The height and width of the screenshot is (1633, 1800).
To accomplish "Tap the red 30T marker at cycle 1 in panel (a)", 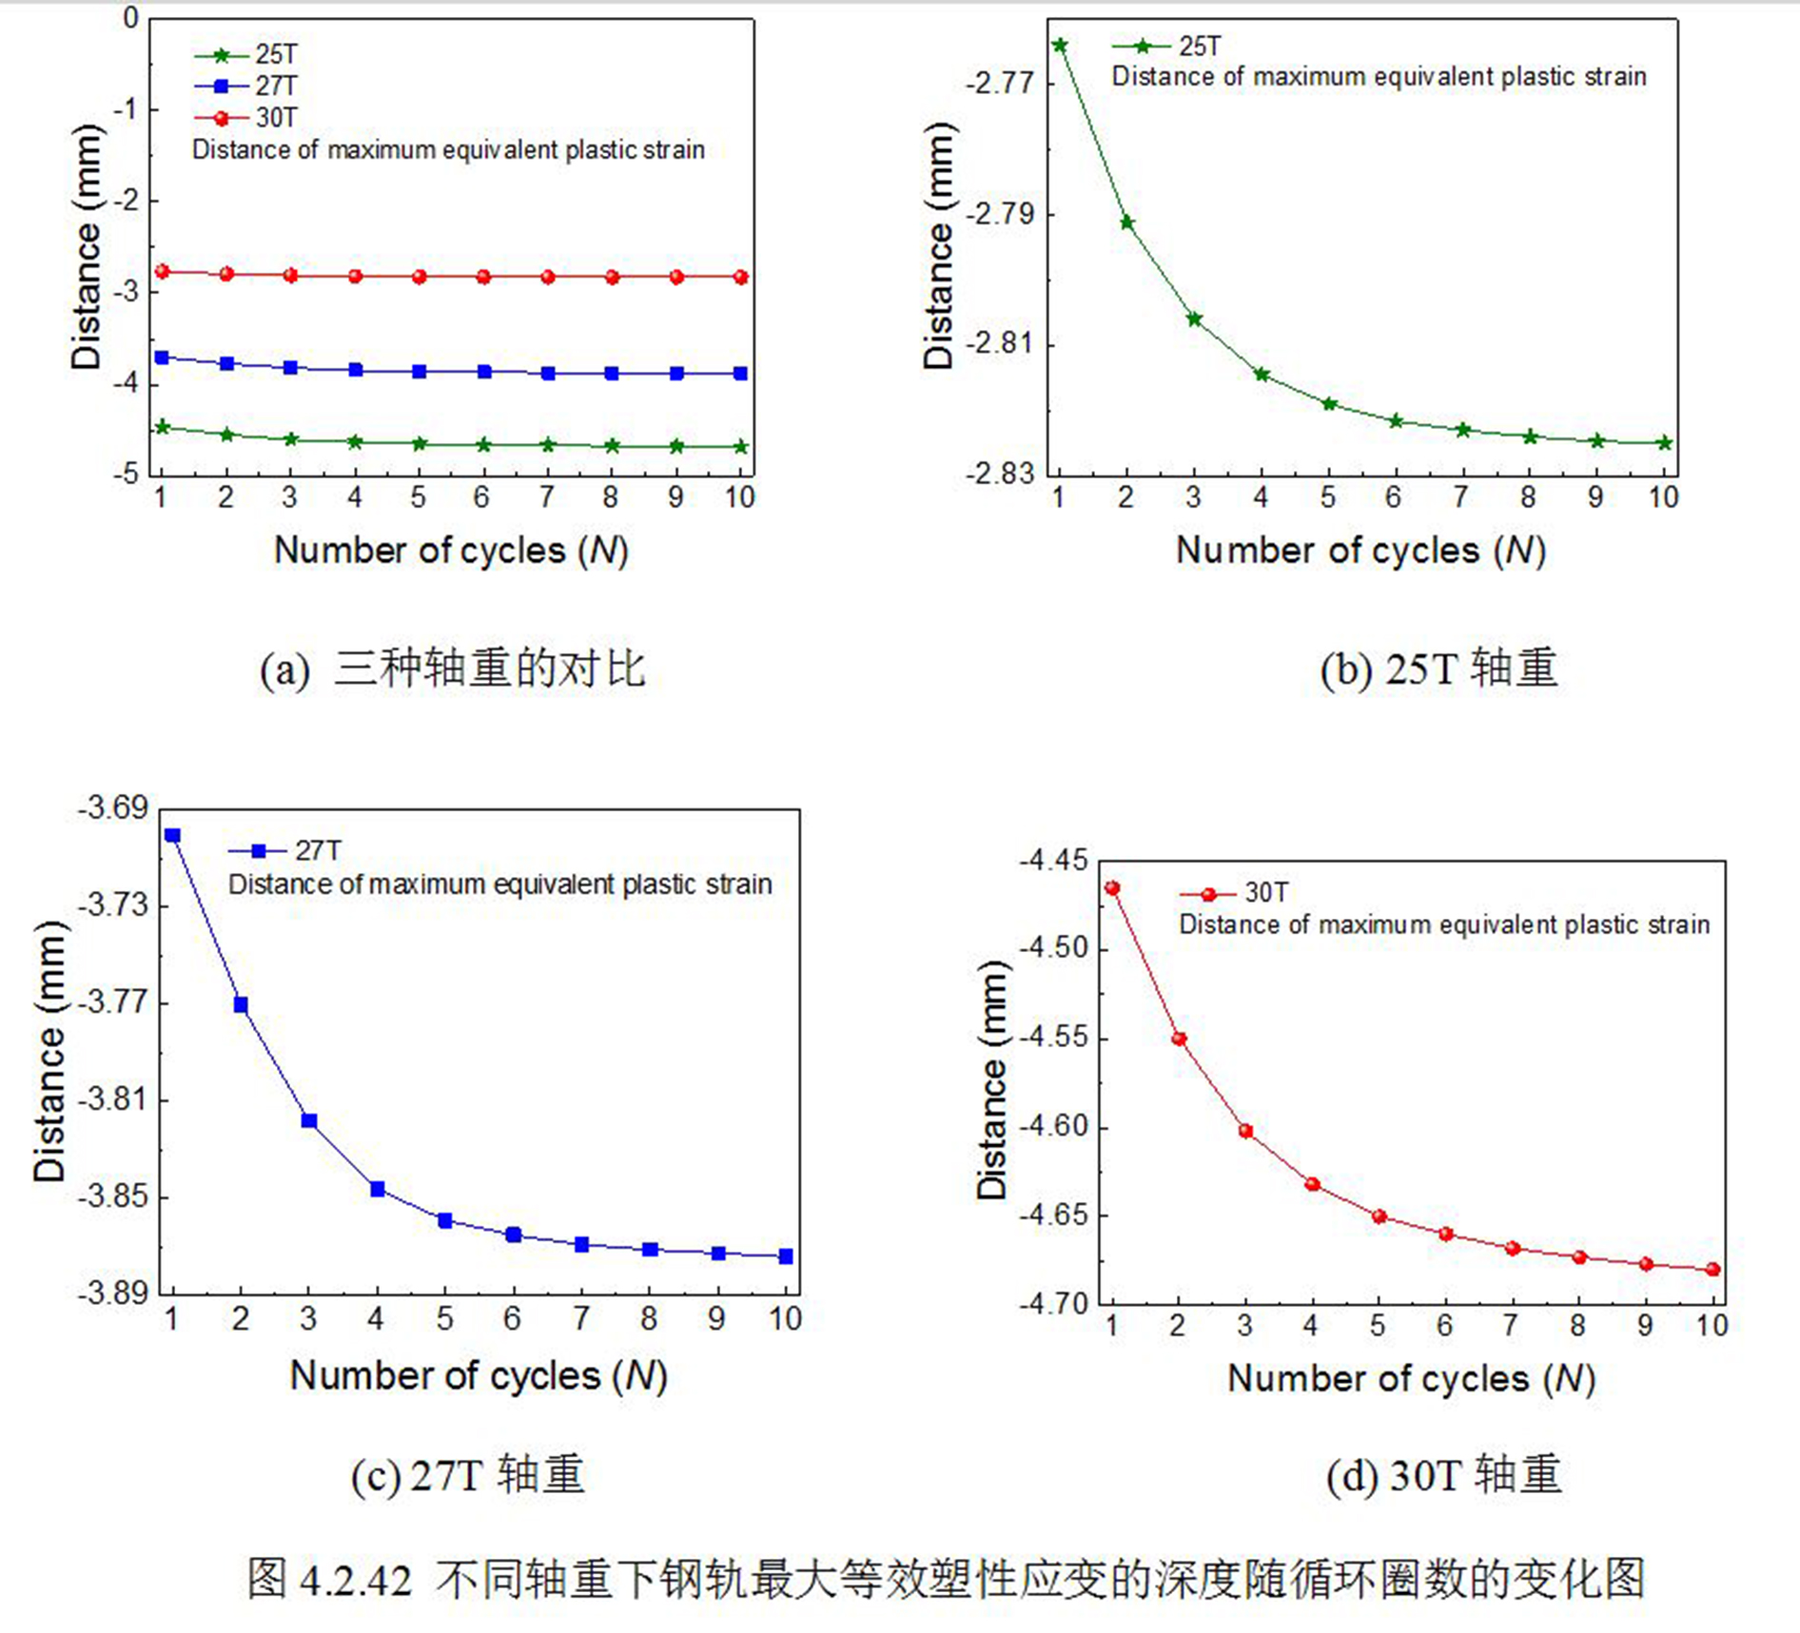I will pyautogui.click(x=162, y=272).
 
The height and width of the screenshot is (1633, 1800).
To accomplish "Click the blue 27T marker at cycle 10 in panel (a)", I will pyautogui.click(x=741, y=374).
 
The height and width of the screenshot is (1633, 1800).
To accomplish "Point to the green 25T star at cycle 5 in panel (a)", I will pyautogui.click(x=420, y=444).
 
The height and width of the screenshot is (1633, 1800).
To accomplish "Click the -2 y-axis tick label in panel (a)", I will pyautogui.click(x=126, y=202).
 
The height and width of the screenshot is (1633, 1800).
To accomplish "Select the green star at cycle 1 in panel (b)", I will pyautogui.click(x=1060, y=45).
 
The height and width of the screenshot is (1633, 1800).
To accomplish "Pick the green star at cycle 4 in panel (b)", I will pyautogui.click(x=1262, y=375).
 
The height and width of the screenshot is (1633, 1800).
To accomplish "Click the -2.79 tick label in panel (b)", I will pyautogui.click(x=999, y=214).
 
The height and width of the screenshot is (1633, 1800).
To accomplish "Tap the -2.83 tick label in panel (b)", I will pyautogui.click(x=999, y=474).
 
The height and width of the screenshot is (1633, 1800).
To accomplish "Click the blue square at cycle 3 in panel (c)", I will pyautogui.click(x=309, y=1121).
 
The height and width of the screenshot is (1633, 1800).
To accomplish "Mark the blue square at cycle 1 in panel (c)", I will pyautogui.click(x=172, y=836).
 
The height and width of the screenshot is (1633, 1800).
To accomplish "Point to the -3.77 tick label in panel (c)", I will pyautogui.click(x=113, y=1002).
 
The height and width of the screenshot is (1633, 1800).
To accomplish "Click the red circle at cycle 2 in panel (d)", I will pyautogui.click(x=1179, y=1039).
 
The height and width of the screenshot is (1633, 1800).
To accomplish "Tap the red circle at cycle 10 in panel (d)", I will pyautogui.click(x=1713, y=1270).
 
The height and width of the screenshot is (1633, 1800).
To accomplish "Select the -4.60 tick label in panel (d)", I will pyautogui.click(x=1053, y=1127).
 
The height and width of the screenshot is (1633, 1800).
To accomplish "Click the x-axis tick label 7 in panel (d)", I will pyautogui.click(x=1511, y=1326).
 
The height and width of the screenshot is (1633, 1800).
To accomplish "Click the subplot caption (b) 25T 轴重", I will pyautogui.click(x=1438, y=669).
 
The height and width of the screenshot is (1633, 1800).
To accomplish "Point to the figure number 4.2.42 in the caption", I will pyautogui.click(x=356, y=1581).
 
